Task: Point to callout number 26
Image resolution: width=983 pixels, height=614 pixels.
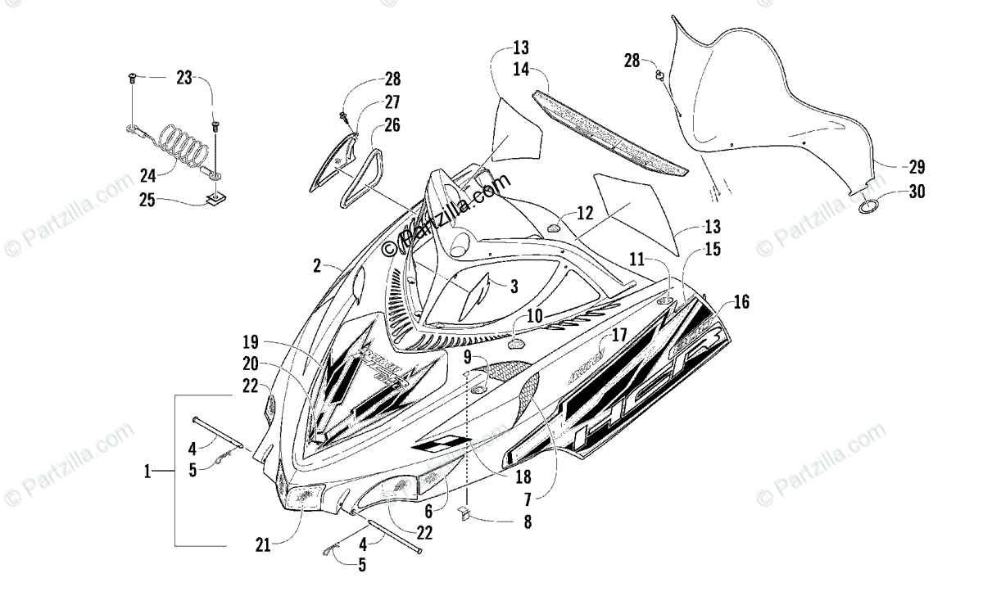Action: (392, 125)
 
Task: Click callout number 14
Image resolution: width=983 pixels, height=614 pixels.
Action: (522, 70)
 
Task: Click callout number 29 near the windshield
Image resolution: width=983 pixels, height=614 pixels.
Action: (916, 167)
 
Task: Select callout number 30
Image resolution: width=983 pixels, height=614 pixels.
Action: (916, 193)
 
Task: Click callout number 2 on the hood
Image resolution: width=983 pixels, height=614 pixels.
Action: (316, 265)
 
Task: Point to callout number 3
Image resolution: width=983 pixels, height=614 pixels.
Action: (514, 286)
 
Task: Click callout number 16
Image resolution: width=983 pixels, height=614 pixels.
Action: (741, 302)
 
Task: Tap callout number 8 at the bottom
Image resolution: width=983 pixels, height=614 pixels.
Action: (527, 520)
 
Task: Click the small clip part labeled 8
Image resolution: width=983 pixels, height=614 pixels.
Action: (464, 513)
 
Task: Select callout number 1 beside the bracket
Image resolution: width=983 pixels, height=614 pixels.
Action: (147, 471)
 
